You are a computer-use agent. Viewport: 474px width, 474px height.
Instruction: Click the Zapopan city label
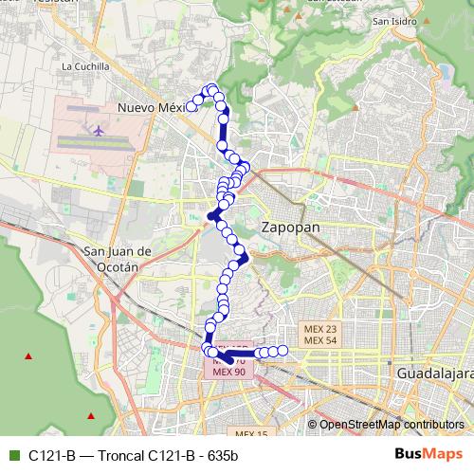coord(290,228)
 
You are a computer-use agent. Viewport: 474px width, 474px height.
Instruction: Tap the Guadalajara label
coord(435,374)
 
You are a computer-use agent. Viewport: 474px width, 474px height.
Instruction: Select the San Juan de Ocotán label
coord(118,259)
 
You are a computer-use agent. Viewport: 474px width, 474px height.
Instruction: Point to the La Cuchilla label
coord(85,67)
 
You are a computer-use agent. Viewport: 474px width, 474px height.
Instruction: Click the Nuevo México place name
coord(150,108)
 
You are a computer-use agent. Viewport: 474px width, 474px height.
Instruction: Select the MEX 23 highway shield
coord(320,328)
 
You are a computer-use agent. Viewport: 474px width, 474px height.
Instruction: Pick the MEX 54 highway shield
coord(320,339)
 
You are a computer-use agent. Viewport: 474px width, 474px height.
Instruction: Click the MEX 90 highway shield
coord(228,372)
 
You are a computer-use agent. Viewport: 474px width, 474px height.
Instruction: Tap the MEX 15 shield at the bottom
coord(251,433)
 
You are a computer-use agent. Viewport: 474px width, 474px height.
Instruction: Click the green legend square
coord(12,455)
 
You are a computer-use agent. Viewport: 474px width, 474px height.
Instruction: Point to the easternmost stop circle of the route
coord(283,352)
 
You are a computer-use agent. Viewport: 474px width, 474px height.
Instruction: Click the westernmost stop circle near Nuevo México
coord(191,106)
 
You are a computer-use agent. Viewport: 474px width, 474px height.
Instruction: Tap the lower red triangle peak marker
coord(91,414)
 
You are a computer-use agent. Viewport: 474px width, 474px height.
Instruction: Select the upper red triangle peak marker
coord(28,356)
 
